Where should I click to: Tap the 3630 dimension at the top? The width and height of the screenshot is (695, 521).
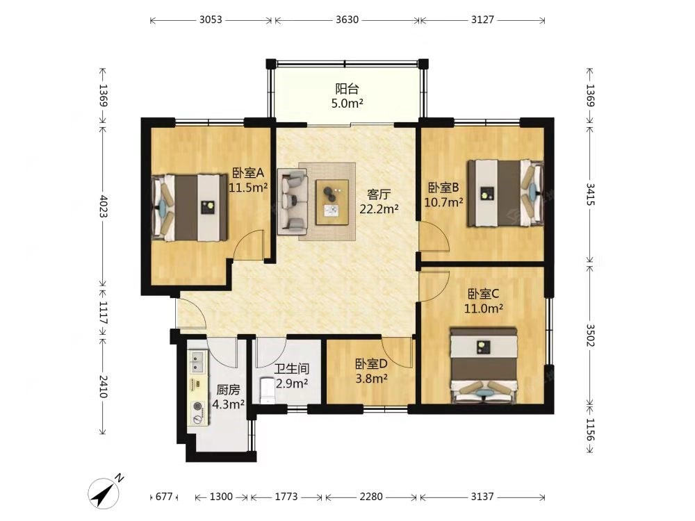coord(347,20)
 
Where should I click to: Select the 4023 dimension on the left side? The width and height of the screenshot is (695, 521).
coord(103,206)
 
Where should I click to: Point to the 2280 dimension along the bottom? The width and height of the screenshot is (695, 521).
coord(371,497)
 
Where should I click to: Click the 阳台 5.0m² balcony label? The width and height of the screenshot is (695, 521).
coord(347,96)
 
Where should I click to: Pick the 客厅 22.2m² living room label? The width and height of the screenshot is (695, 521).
coord(379,201)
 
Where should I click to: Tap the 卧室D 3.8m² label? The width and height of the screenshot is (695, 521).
coord(371,371)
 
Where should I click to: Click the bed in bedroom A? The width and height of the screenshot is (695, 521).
coord(190,208)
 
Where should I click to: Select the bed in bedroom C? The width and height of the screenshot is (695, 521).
coord(484,365)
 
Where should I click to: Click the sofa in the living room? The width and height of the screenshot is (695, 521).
coord(293,201)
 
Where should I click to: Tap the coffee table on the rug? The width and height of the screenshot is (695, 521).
coord(332,202)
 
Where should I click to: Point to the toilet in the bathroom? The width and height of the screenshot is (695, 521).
coord(268,390)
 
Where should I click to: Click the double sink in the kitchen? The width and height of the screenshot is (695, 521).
coord(197,361)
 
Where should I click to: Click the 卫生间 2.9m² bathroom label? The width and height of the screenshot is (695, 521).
coord(292,376)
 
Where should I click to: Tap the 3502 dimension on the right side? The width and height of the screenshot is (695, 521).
coord(590,336)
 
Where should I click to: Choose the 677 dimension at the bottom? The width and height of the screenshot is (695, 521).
coord(164,497)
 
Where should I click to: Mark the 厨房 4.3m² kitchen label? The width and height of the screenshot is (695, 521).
coord(228,397)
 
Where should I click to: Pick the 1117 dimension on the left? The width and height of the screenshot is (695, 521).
coord(103,313)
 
